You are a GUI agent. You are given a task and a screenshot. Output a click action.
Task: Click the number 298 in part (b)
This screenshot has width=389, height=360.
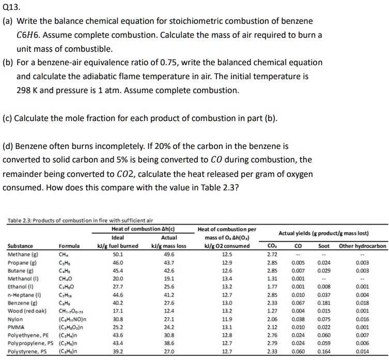pos(24,90)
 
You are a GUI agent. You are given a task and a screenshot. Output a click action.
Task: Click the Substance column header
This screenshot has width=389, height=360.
pos(20,246)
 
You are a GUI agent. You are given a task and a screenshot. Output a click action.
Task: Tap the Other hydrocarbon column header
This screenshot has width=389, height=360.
pos(362,246)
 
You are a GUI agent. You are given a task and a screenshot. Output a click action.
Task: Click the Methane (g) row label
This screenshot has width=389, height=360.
pos(21,254)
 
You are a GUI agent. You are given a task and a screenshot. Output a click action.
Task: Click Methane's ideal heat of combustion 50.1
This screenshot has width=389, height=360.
pos(118,254)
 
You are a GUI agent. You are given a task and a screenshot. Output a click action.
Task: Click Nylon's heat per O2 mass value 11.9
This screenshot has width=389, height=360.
pos(227,319)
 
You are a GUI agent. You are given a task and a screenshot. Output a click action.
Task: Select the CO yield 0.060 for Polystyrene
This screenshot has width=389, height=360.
pos(297,351)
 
